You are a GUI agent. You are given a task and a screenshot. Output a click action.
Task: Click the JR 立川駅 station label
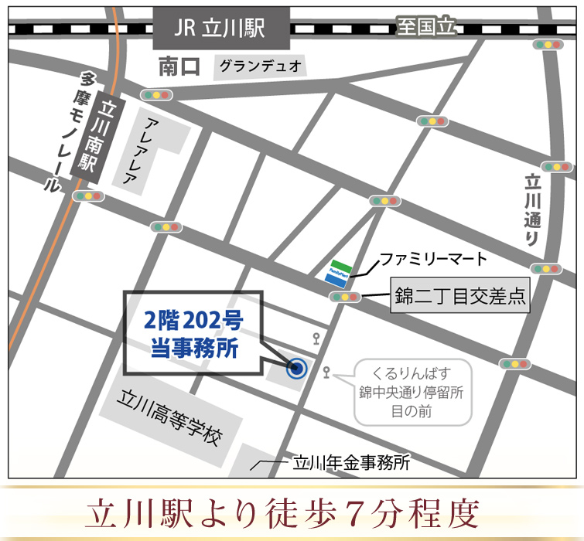point(221,29)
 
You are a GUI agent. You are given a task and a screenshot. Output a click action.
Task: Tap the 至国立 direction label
point(426,27)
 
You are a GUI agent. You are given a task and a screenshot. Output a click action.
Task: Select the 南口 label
point(179,67)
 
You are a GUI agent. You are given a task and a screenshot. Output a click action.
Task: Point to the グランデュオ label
point(260,66)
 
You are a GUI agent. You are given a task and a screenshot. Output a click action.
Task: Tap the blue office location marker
point(296,369)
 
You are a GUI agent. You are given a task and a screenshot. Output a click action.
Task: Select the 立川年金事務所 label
point(350,464)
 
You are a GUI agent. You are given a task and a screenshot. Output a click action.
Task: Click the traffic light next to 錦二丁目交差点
point(345,297)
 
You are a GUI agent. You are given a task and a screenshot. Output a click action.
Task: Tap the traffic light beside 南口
point(156,95)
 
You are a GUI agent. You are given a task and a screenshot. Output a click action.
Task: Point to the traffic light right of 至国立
point(550,45)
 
